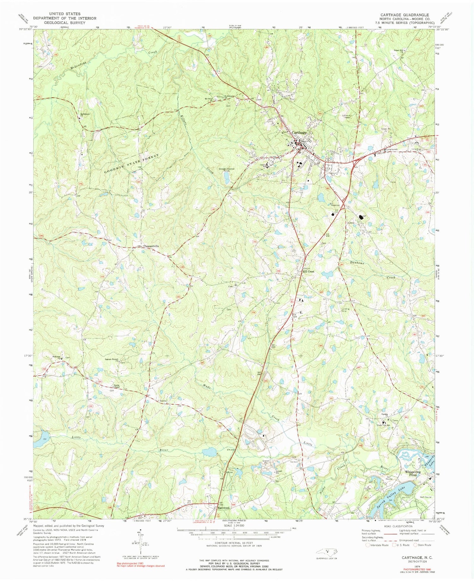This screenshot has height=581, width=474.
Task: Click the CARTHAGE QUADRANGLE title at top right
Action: [x=401, y=15]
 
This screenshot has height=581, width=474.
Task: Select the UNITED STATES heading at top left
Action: [x=65, y=14]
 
